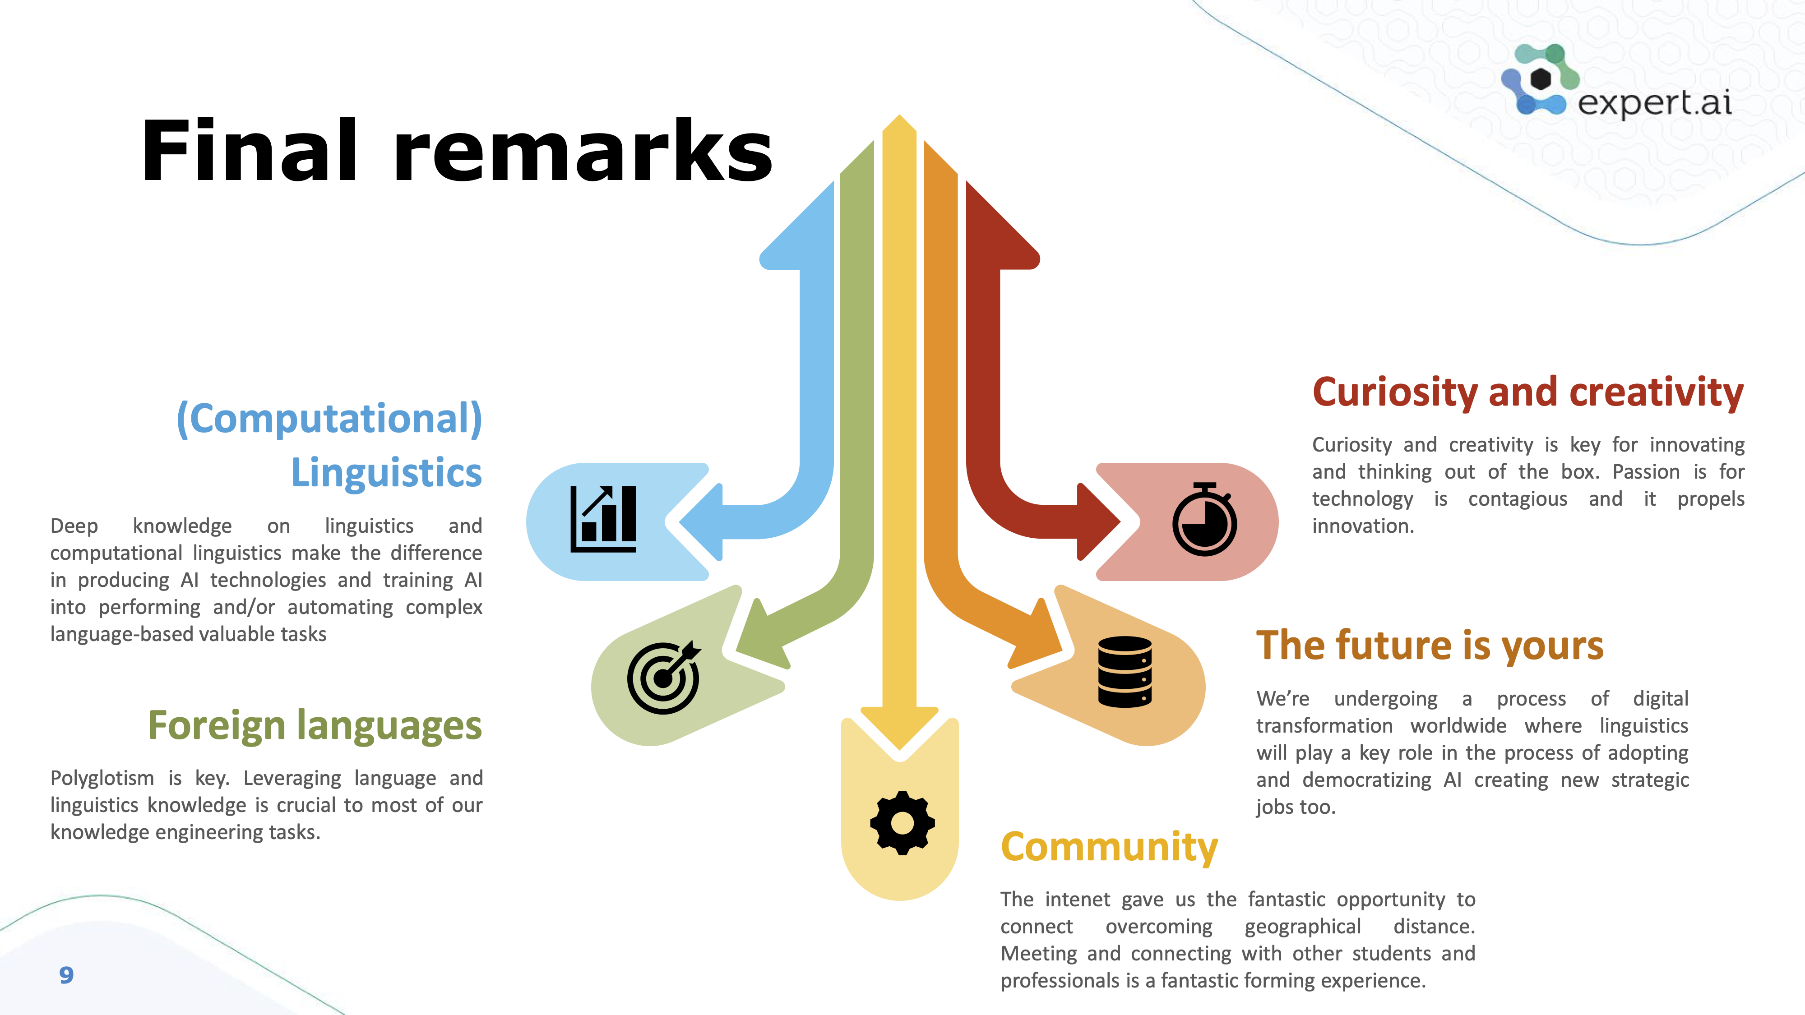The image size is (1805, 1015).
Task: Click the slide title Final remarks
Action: pos(457,151)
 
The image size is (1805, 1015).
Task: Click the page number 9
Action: pos(67,975)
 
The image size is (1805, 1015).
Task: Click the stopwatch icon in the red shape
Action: pos(1204,519)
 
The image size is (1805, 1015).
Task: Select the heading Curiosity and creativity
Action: pos(1527,392)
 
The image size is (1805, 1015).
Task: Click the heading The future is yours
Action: pos(1430,645)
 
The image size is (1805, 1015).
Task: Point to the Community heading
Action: pos(1109,848)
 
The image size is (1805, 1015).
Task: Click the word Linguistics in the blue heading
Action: pos(386,472)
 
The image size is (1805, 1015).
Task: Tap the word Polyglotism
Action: pos(102,778)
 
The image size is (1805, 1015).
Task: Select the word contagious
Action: pos(1518,499)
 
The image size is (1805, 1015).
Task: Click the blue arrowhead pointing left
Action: pos(701,522)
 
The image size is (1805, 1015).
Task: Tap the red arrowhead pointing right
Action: pos(1099,522)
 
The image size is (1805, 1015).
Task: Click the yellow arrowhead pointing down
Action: pos(900,729)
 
